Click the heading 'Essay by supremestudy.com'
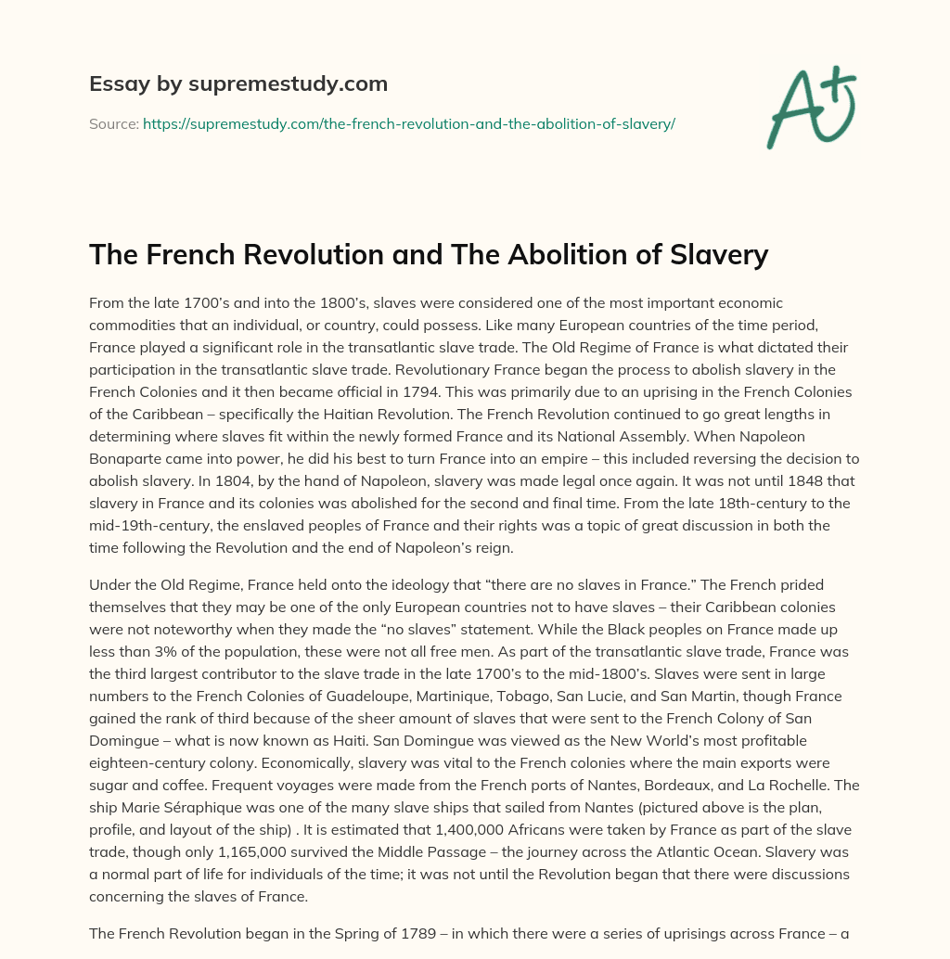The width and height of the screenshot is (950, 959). (238, 84)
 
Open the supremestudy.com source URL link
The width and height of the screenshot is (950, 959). (408, 123)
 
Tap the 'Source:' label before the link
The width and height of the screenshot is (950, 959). (113, 123)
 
